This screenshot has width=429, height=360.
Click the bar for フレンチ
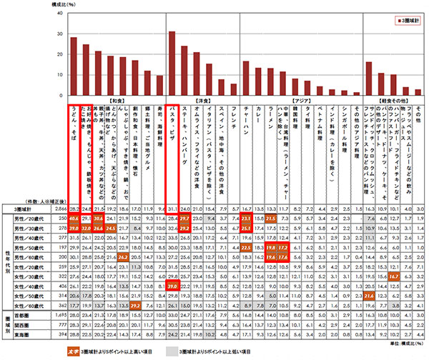tap(232, 89)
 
